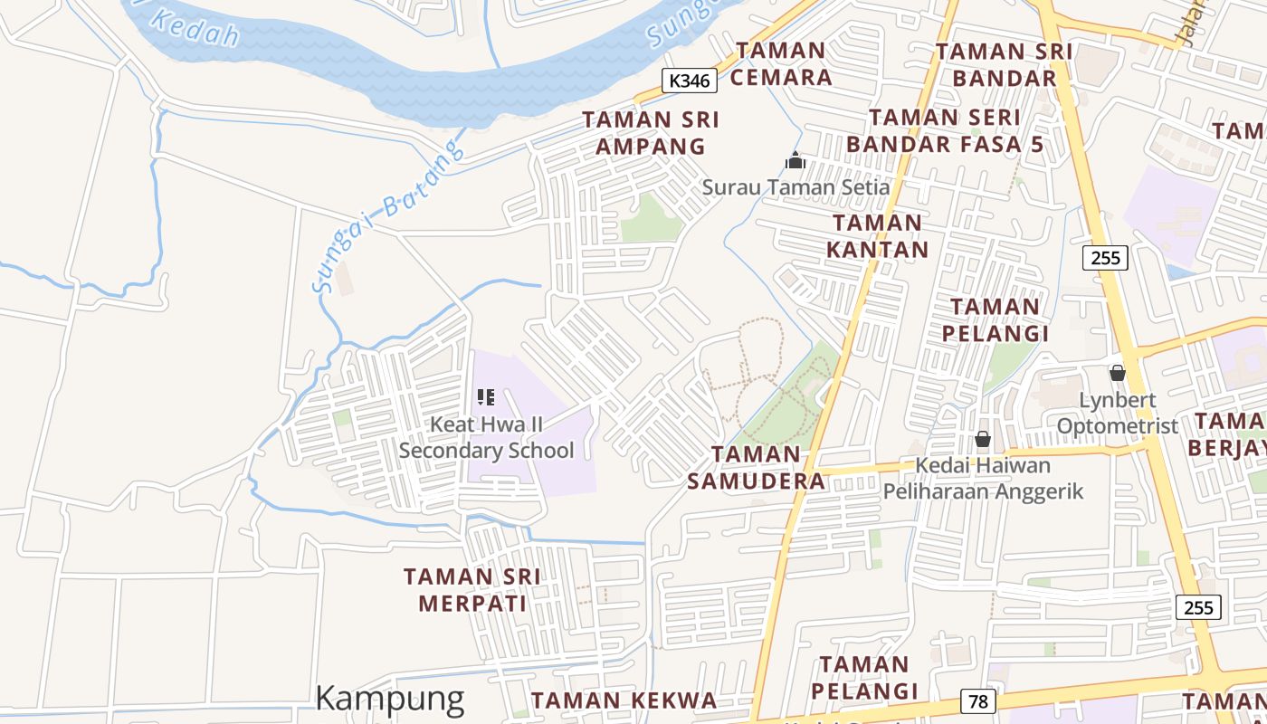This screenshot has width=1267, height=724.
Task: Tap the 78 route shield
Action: tap(977, 701)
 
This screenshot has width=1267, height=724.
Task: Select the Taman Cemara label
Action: tap(780, 64)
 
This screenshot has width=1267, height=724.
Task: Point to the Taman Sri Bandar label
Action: tap(1004, 64)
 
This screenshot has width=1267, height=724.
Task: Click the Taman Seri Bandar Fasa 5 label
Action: tap(945, 130)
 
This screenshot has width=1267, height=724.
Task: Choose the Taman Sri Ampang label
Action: tap(650, 133)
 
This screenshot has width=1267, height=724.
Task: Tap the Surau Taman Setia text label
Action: tap(795, 187)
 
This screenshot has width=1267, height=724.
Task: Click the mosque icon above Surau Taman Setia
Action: tap(795, 161)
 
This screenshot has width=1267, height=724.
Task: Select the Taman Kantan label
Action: tap(877, 236)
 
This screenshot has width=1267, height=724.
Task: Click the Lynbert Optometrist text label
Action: tap(1117, 413)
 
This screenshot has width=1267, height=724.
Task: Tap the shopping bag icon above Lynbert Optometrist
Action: tap(1118, 373)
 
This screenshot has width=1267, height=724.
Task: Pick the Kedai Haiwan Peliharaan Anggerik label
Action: tap(983, 479)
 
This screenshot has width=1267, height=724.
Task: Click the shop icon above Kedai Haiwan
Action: tap(983, 440)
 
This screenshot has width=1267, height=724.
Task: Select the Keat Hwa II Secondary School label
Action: tap(486, 437)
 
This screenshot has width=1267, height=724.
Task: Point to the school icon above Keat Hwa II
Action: tap(486, 396)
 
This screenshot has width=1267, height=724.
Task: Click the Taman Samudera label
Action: tap(756, 468)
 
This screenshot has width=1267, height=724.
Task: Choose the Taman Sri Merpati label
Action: tap(472, 590)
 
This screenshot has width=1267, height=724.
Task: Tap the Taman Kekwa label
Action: tap(624, 700)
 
